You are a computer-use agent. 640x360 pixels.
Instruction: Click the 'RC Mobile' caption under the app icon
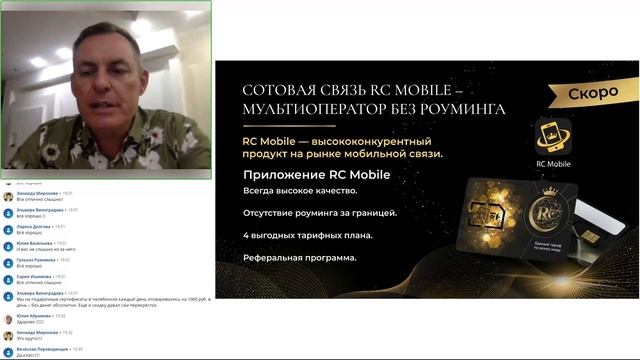pos(552,164)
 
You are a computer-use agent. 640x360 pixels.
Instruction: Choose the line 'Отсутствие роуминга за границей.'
pos(319,213)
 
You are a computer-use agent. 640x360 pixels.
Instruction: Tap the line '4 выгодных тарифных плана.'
pos(307,235)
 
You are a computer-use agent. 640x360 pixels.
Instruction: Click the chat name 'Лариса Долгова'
pos(33,227)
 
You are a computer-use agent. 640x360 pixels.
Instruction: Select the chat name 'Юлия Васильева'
pos(34,243)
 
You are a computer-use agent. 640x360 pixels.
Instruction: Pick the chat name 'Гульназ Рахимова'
pos(35,260)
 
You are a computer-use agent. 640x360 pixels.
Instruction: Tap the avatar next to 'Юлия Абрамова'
pos(8,319)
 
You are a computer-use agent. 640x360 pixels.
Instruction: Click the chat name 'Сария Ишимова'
pos(33,276)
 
